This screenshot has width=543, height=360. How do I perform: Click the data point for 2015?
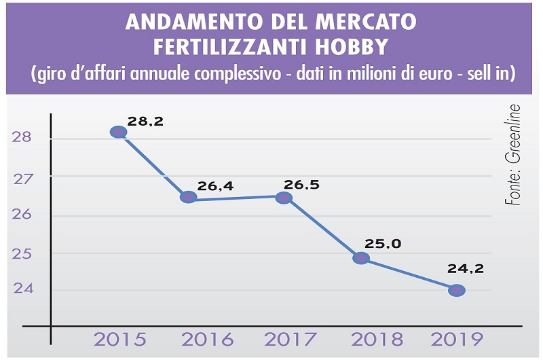(x=118, y=132)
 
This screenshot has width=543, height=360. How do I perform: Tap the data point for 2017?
(x=284, y=198)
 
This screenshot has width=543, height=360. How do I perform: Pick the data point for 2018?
(x=361, y=258)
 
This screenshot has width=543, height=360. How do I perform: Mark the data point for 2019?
(x=456, y=290)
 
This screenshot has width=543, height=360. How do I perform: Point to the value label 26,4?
(x=215, y=185)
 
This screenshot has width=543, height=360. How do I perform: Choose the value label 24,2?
(x=465, y=268)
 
